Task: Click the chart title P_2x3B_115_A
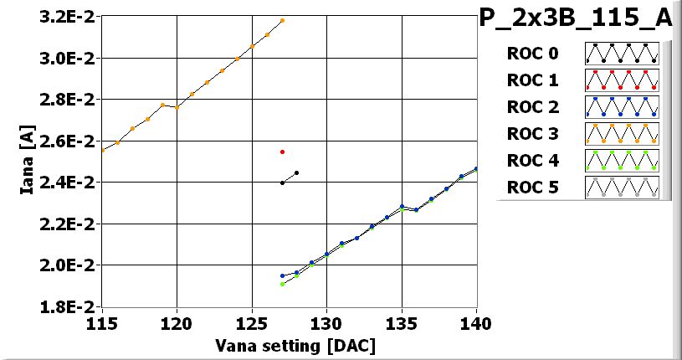[x=575, y=19]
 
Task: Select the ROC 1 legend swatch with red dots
[x=622, y=80]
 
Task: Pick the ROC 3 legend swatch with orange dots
[x=622, y=134]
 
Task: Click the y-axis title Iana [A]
[x=28, y=162]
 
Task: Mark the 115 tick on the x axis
[x=101, y=323]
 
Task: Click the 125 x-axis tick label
[x=252, y=323]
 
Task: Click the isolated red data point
[x=282, y=152]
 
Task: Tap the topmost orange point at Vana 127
[x=282, y=20]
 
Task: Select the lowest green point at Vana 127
[x=282, y=284]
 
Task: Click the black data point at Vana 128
[x=297, y=172]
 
